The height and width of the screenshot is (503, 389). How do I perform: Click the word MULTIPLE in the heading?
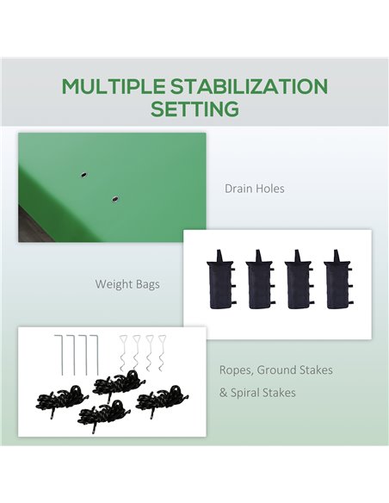[x=114, y=86]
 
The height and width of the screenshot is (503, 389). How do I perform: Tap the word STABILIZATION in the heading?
[x=249, y=86]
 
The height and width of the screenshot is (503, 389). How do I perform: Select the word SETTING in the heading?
[x=194, y=109]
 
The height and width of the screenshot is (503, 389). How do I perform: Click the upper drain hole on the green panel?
[x=83, y=175]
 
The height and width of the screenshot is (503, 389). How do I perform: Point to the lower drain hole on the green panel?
[x=114, y=199]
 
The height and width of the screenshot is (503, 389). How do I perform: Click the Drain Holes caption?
[x=255, y=189]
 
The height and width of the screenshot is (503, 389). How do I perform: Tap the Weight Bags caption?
[x=127, y=284]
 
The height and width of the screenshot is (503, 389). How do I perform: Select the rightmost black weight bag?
[x=337, y=280]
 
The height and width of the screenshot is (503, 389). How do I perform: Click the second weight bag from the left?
[x=260, y=280]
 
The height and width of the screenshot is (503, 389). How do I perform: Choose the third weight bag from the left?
[x=299, y=280]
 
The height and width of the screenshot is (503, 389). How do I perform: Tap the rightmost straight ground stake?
[x=96, y=355]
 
